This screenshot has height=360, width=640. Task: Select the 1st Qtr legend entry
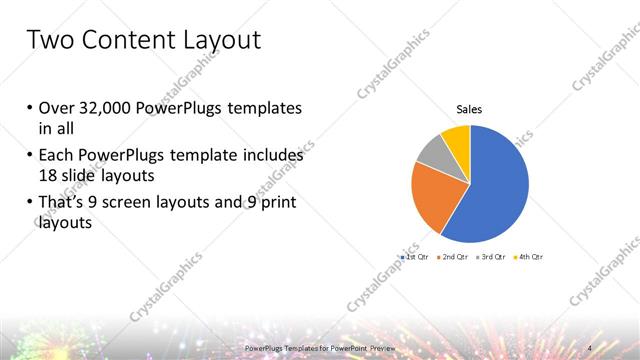418,257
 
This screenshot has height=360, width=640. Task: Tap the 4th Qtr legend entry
530,257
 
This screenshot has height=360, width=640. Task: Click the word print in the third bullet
277,204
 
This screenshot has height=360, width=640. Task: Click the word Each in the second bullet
56,156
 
